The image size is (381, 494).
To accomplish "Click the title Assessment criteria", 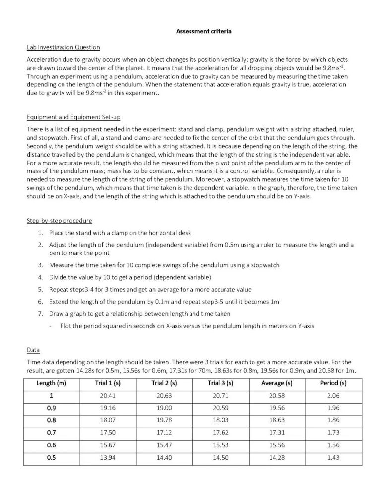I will (x=204, y=32).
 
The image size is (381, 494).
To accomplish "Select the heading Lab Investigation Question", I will (x=63, y=48).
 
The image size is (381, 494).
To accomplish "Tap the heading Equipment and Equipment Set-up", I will (x=73, y=117).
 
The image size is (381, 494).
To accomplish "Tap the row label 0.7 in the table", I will (x=52, y=432).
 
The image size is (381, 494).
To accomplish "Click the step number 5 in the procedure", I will (x=40, y=289).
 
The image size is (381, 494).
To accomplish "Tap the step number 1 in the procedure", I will (x=40, y=233).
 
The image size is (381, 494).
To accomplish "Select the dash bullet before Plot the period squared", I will (x=51, y=326).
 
